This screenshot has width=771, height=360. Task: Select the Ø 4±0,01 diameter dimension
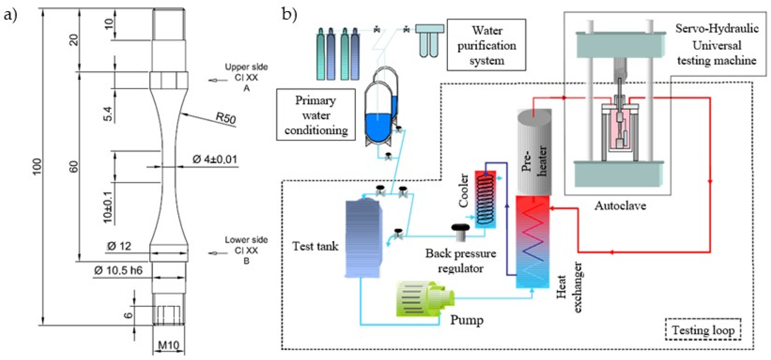coord(215,160)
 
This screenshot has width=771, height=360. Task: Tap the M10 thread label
coord(168,345)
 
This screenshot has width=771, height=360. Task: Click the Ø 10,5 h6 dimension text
coord(118,270)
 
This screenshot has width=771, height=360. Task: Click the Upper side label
coord(246,67)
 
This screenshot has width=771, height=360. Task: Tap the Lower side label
coord(246,240)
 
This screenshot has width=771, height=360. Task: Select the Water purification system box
coord(486,45)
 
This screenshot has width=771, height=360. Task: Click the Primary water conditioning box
coord(316,115)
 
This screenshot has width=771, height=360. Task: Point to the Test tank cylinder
coord(363,238)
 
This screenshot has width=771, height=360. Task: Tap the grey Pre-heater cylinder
coord(534,153)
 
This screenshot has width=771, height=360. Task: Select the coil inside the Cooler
coord(485,199)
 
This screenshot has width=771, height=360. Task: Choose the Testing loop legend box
coord(703,330)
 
